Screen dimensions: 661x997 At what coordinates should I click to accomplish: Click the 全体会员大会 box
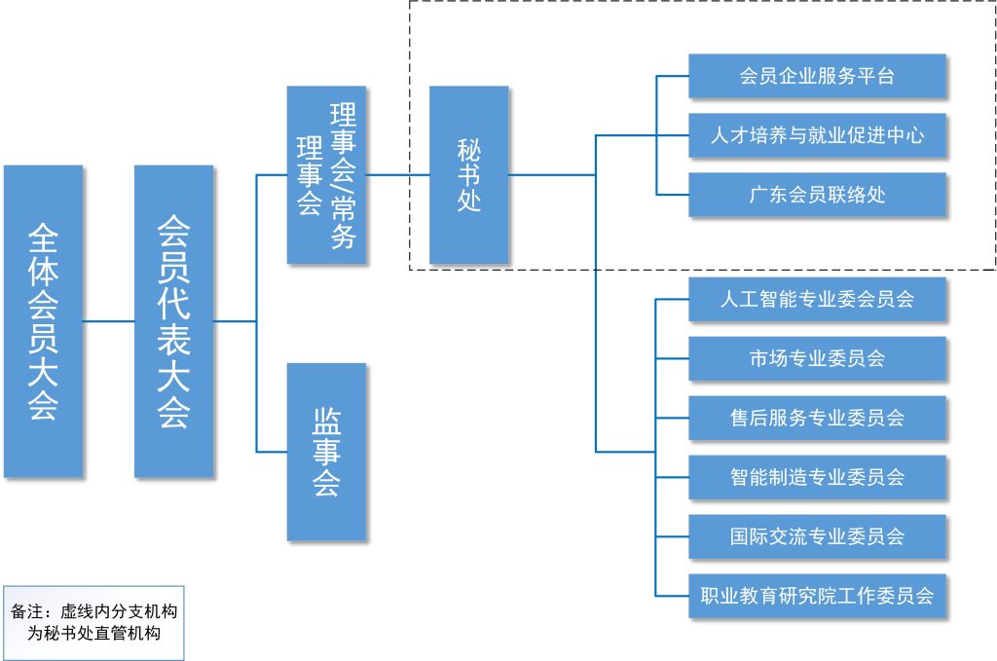click(43, 321)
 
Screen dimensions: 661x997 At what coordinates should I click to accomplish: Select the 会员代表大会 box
click(173, 321)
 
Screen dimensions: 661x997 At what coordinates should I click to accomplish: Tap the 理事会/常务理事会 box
click(326, 175)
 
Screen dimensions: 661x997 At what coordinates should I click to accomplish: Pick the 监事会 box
click(326, 452)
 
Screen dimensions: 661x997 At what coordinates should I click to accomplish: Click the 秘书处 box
click(468, 175)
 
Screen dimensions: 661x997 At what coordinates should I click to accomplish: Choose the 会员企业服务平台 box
click(817, 76)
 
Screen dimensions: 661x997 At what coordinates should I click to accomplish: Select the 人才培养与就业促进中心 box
click(817, 135)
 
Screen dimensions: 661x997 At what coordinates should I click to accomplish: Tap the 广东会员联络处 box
click(817, 195)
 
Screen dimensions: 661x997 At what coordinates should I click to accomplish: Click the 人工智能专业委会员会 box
click(817, 299)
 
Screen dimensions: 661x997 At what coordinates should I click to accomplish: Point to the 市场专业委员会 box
click(817, 358)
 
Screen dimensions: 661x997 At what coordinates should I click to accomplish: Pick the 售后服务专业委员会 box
click(817, 418)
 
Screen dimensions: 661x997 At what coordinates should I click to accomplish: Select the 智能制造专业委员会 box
click(817, 477)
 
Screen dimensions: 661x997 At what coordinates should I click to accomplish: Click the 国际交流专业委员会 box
click(817, 536)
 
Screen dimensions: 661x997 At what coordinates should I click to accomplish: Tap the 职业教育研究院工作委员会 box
click(817, 595)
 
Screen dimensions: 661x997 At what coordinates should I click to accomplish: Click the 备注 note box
click(93, 622)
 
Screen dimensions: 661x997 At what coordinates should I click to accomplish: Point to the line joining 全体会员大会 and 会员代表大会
click(108, 321)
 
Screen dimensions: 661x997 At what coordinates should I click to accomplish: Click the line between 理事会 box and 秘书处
click(397, 175)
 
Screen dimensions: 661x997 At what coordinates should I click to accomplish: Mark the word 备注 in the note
click(26, 611)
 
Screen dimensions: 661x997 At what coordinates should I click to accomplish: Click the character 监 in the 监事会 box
click(326, 421)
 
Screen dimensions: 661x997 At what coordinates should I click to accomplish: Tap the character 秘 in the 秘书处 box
click(468, 148)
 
